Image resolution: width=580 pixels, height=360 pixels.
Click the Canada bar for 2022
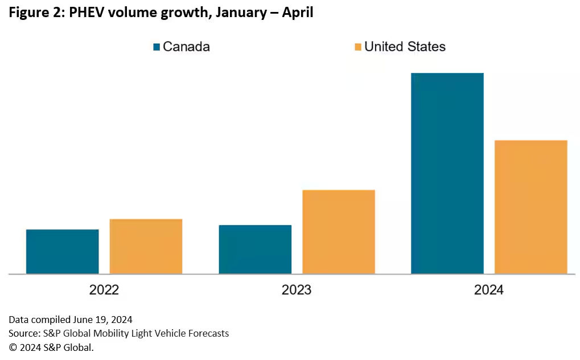coord(63,251)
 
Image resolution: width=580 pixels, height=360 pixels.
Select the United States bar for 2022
coord(146,246)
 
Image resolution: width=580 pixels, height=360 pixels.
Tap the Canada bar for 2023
coord(255,249)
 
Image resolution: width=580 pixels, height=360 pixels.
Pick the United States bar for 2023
coord(339,231)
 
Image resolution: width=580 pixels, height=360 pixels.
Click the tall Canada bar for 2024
coord(447,173)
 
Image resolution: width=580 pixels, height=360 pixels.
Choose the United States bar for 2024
coord(531,207)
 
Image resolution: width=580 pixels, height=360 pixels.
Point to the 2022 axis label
coord(104,290)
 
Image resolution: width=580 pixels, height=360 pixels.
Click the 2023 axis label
coord(297,290)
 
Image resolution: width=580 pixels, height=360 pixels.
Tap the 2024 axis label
coord(489,290)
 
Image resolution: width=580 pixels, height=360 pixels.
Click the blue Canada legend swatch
coord(157,47)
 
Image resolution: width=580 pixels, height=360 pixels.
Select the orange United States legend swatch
coord(357,47)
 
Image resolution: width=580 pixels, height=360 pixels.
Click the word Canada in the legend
coord(186,47)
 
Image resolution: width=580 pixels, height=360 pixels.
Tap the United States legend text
coord(405,47)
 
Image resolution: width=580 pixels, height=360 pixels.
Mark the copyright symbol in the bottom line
coord(12,347)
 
